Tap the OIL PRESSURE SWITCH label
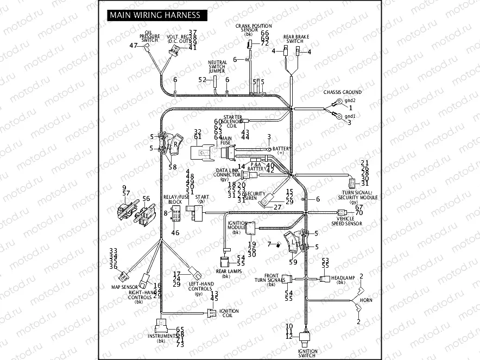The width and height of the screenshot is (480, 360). click(149, 36)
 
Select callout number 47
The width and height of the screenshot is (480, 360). click(133, 46)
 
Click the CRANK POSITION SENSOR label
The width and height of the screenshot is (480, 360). click(254, 28)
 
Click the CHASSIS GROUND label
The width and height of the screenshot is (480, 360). click(342, 92)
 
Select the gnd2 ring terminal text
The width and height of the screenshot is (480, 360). click(350, 100)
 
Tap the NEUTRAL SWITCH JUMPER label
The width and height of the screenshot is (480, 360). click(217, 67)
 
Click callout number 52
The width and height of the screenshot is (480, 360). click(203, 80)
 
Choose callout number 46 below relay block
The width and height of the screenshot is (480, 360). click(175, 232)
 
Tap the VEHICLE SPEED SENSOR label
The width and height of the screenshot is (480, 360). click(346, 220)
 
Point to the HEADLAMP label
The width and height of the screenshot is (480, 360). click(343, 278)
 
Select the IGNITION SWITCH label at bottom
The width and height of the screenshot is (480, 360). click(307, 353)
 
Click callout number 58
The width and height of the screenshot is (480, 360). click(172, 167)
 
